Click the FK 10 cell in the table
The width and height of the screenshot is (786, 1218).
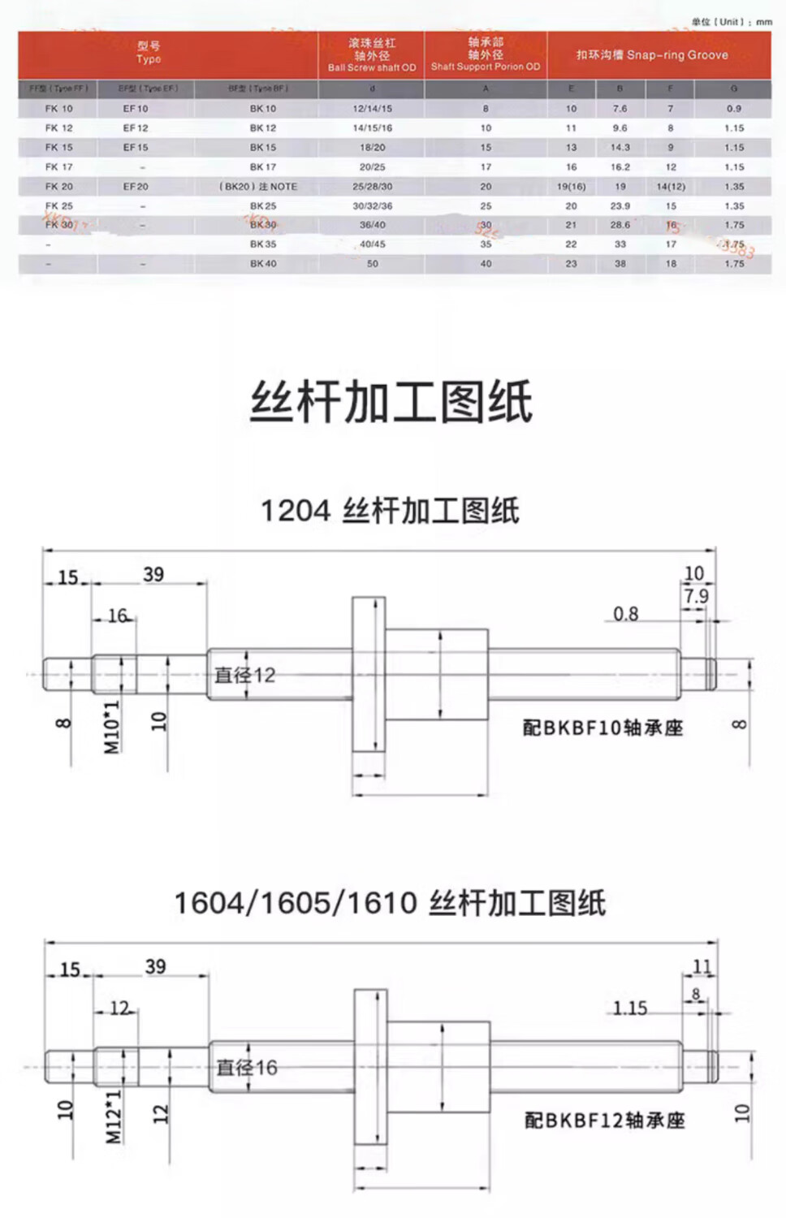point(58,108)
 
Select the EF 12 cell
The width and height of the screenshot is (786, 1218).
point(136,127)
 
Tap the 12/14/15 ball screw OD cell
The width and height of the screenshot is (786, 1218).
point(372,108)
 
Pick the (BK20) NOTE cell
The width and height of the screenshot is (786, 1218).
point(258,186)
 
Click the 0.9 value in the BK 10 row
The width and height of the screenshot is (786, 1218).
point(734,108)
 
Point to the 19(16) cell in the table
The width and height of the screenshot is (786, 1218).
point(571,186)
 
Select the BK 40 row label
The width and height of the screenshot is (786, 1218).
point(263,263)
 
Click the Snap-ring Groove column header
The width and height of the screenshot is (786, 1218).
point(652,55)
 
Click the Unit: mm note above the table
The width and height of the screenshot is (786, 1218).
point(732,22)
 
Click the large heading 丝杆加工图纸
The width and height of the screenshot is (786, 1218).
point(391,402)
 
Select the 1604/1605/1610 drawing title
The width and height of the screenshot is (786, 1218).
point(390,903)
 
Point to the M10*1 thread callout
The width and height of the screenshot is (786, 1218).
point(112,727)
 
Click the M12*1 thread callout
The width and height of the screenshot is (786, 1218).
point(114,1116)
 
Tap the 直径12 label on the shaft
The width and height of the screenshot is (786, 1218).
point(245,675)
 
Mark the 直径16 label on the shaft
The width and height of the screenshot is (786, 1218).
point(247,1067)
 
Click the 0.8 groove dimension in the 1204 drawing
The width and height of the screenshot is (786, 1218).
point(625,614)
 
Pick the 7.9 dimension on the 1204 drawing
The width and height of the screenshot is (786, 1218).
point(696,596)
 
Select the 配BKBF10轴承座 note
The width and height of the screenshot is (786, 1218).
point(602,728)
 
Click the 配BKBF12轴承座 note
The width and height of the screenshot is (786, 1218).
point(604,1121)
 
